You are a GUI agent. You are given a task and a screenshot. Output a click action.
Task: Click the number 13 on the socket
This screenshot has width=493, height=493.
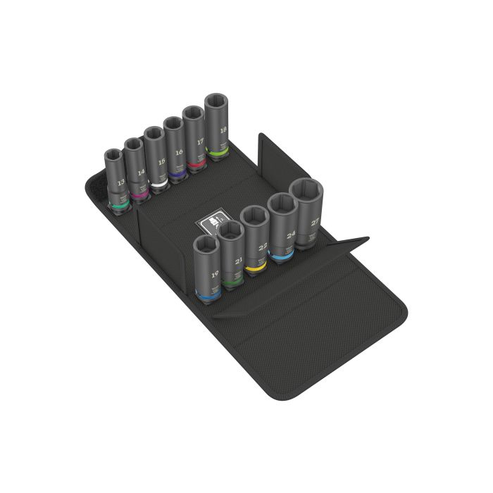(x=122, y=182)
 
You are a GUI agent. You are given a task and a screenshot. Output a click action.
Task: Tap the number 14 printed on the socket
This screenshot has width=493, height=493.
(x=141, y=171)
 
